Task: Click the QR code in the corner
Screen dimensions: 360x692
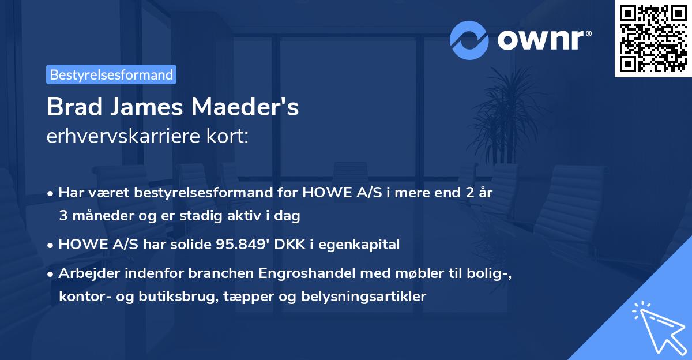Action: pos(652,38)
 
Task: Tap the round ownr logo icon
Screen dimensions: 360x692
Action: pos(469,40)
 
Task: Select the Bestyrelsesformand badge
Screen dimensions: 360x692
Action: pos(111,74)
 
